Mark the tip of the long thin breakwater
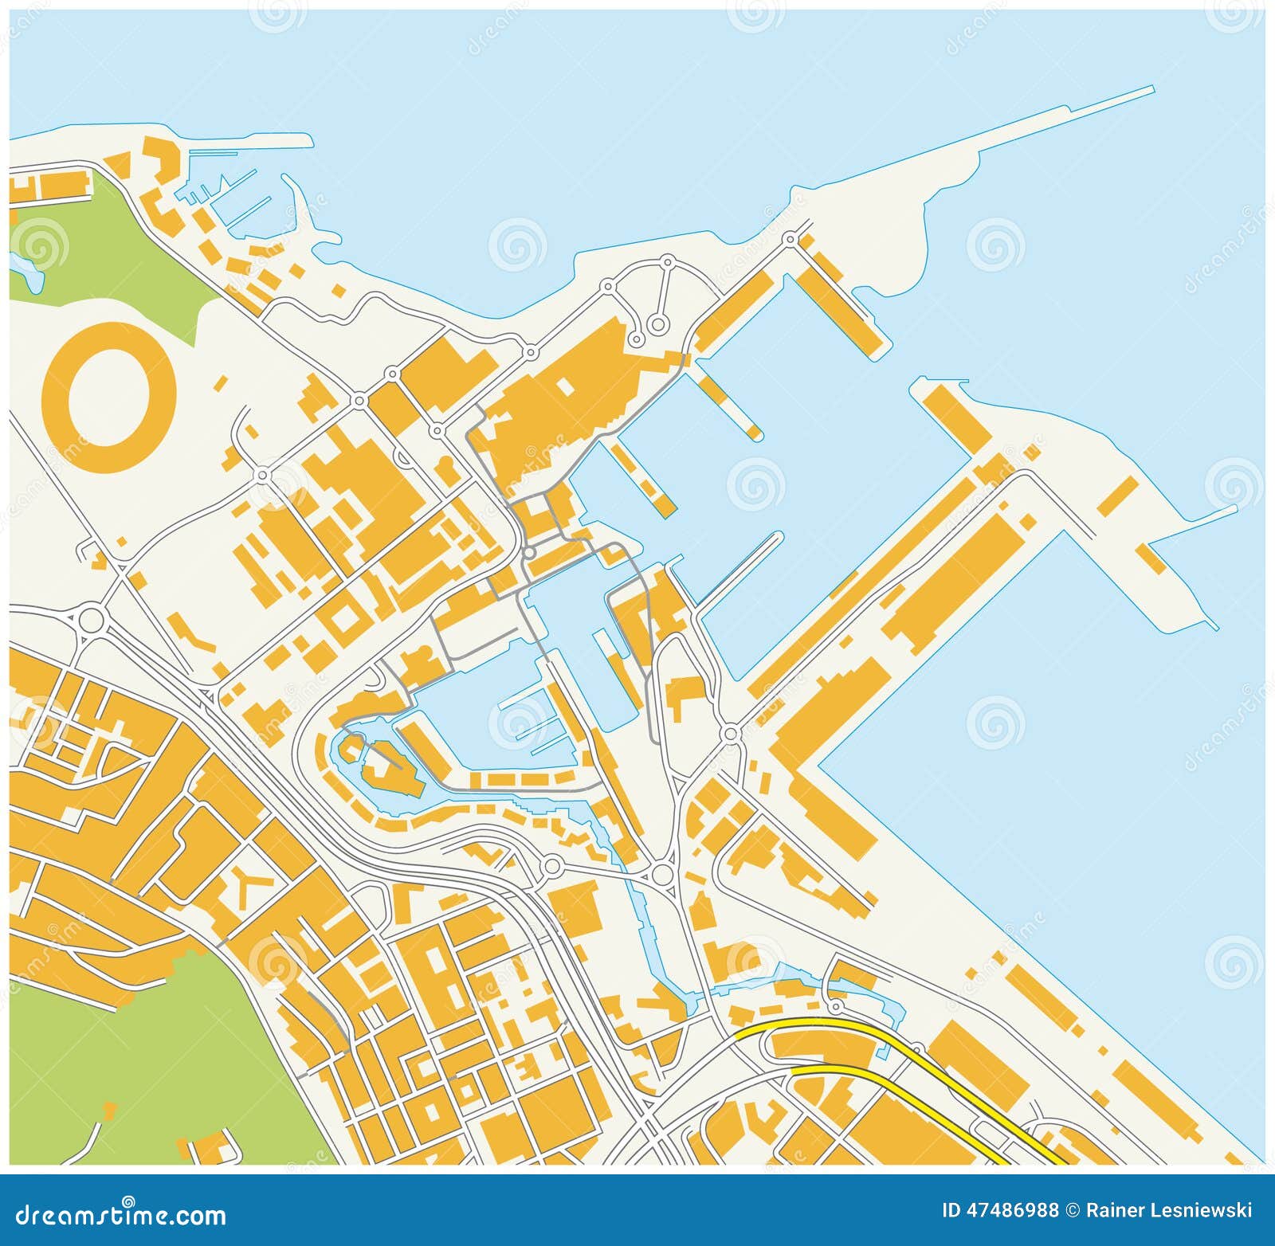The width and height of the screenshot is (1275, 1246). (1152, 88)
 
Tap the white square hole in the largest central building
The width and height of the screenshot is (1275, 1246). (564, 386)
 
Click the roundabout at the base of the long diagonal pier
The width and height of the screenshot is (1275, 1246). (730, 734)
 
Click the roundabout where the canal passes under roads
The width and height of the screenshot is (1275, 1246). (662, 875)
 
